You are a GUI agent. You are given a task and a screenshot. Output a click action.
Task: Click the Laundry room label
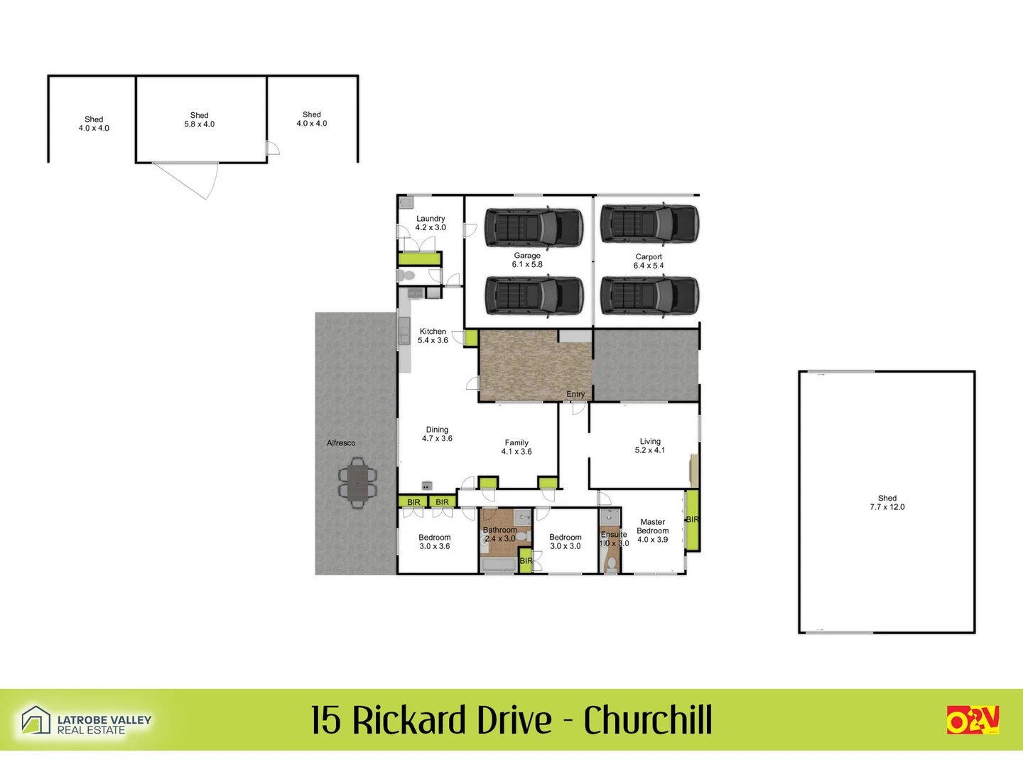point(431,223)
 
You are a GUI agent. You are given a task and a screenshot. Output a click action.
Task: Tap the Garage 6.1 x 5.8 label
point(527,260)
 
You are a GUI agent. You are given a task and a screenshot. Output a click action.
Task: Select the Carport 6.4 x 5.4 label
point(649,261)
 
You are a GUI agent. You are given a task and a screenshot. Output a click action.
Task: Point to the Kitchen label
point(433,336)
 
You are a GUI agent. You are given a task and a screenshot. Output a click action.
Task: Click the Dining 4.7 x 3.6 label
point(437,434)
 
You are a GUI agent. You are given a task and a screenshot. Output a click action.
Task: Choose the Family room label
point(516,447)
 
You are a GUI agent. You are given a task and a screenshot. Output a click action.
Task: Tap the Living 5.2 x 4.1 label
point(650,445)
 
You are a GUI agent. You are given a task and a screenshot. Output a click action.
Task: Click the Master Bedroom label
point(652,531)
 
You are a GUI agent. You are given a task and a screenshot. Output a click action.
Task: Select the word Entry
point(575,394)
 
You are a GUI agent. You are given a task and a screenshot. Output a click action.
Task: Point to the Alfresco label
point(341,443)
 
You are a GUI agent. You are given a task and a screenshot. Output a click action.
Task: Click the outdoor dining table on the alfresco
point(357,483)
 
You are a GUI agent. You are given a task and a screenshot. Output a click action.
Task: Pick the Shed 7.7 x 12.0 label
point(887,503)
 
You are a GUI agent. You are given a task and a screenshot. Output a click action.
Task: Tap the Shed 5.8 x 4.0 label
point(200,119)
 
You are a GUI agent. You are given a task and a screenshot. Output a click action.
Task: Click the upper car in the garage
point(534,227)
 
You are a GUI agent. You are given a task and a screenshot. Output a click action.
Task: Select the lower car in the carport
point(649,295)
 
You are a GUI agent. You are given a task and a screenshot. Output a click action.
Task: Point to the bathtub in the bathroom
point(499,565)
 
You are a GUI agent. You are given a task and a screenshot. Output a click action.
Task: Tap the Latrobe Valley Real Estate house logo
point(36,720)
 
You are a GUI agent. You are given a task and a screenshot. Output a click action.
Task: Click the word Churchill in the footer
point(648,720)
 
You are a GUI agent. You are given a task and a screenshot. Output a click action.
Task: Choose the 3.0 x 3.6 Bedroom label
point(435,542)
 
